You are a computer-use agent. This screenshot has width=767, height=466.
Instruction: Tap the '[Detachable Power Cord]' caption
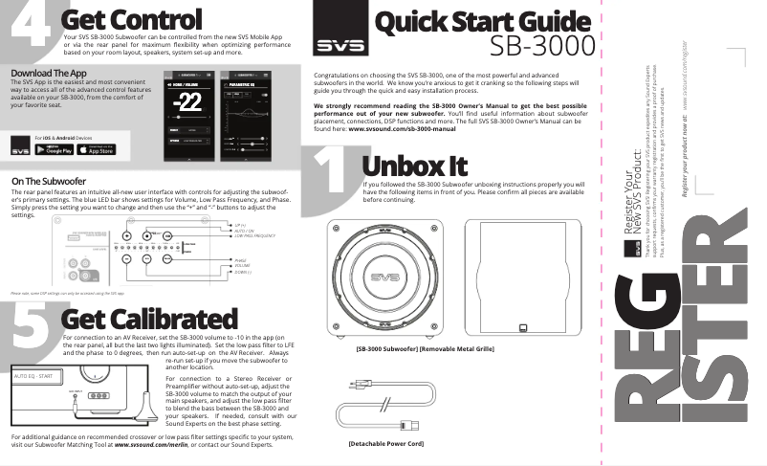coord(386,445)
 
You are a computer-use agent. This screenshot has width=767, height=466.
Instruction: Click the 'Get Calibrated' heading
coord(148,318)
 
